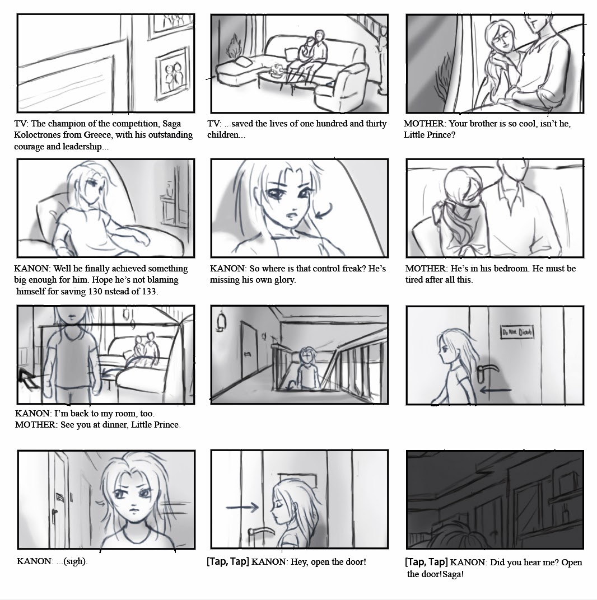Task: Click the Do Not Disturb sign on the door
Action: (517, 333)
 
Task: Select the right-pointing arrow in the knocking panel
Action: (242, 508)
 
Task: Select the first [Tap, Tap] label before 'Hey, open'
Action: (228, 561)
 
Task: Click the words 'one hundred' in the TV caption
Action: (316, 123)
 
